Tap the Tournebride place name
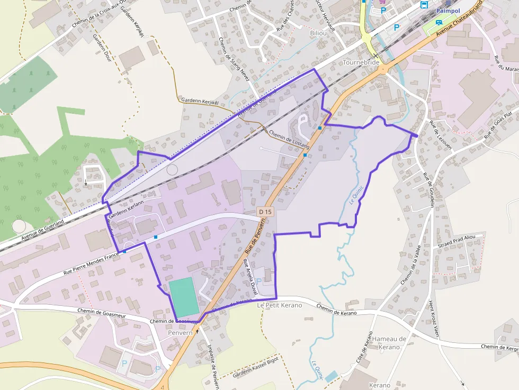362,62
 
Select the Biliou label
320,33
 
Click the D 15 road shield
265,212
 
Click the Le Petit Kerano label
279,305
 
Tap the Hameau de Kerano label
389,342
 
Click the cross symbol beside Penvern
198,331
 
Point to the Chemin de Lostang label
289,140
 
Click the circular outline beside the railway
172,169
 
